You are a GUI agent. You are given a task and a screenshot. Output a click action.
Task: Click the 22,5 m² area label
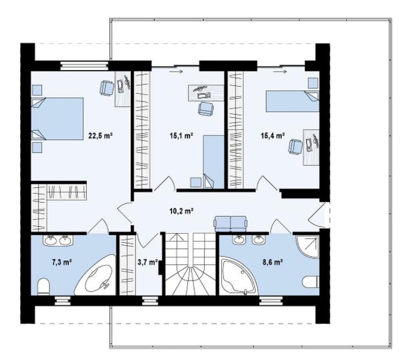pyautogui.click(x=100, y=136)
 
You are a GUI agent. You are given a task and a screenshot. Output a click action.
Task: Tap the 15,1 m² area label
pyautogui.click(x=181, y=136)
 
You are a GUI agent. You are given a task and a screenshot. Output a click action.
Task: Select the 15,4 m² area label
pyautogui.click(x=273, y=136)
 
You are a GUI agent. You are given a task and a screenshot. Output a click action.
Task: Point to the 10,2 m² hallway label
pyautogui.click(x=181, y=211)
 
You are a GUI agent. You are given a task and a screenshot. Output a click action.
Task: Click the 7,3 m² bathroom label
pyautogui.click(x=62, y=262)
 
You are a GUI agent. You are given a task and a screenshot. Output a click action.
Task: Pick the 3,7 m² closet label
pyautogui.click(x=148, y=262)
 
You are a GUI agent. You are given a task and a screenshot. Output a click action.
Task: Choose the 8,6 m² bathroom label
pyautogui.click(x=273, y=262)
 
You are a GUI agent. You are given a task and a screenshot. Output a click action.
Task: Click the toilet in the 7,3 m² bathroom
pyautogui.click(x=44, y=287)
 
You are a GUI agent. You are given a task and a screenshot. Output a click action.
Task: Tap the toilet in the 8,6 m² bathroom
pyautogui.click(x=311, y=282)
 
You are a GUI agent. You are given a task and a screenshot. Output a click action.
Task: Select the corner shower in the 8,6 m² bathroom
pyautogui.click(x=308, y=246)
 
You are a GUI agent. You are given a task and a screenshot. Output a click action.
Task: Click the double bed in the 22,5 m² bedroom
pyautogui.click(x=57, y=119)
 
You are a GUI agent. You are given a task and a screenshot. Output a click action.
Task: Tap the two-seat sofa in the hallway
pyautogui.click(x=230, y=223)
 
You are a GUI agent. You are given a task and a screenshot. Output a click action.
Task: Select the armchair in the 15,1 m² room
pyautogui.click(x=206, y=109)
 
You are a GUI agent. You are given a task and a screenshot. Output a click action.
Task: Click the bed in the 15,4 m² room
pyautogui.click(x=292, y=101)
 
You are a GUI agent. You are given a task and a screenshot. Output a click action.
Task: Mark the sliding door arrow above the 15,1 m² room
pyautogui.click(x=175, y=71)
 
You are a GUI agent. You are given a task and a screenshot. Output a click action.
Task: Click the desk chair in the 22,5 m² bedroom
pyautogui.click(x=107, y=87)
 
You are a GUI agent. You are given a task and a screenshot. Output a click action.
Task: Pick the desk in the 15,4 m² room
pyautogui.click(x=312, y=147)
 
